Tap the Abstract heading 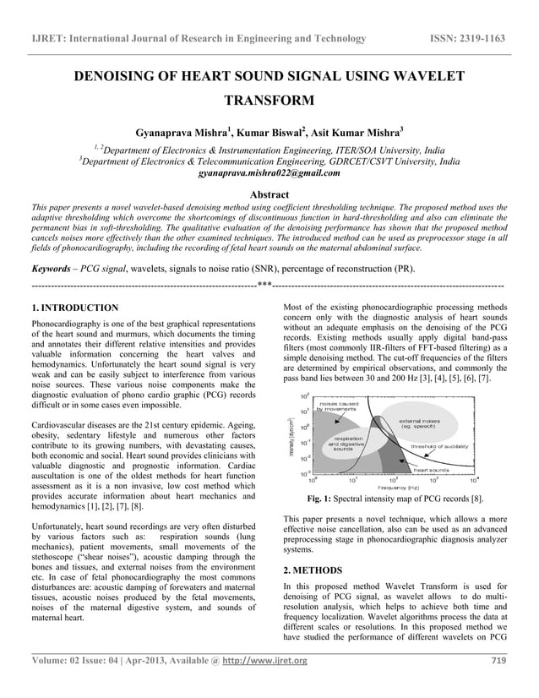point(269,194)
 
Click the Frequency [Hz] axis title point(398,488)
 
